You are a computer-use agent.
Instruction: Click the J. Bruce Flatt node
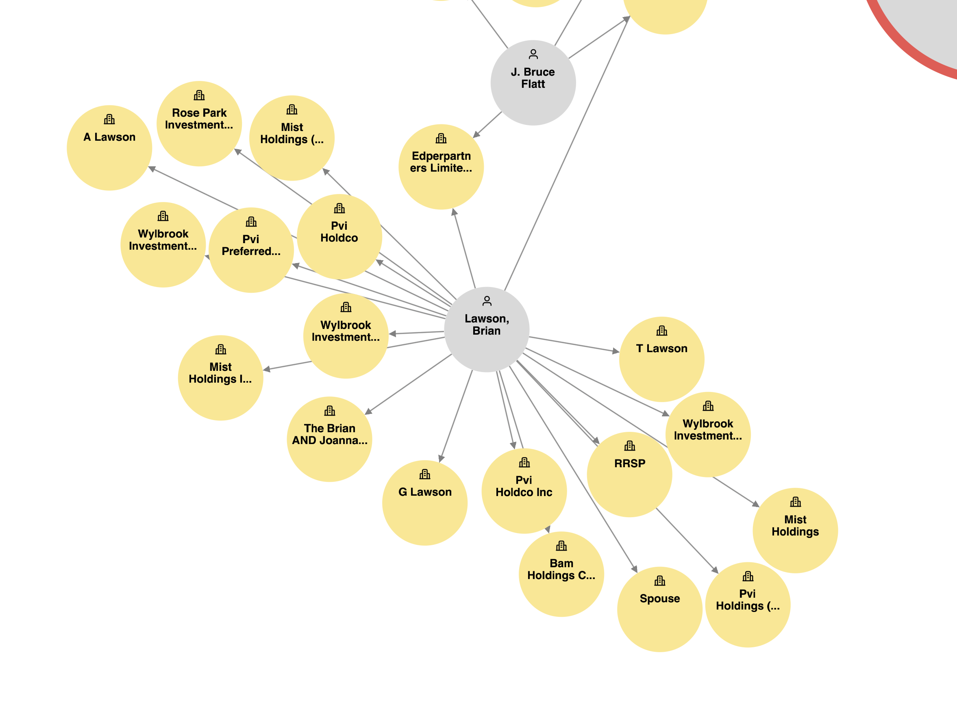[x=533, y=83]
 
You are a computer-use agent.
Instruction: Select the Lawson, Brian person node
[x=487, y=329]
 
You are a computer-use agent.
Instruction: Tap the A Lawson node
[x=109, y=148]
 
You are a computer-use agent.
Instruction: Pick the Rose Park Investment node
[x=199, y=124]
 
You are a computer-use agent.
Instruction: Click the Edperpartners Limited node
[x=441, y=167]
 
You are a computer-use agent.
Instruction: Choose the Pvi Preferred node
[x=251, y=250]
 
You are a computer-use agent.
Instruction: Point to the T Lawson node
[x=661, y=359]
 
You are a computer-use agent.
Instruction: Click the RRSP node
[x=629, y=475]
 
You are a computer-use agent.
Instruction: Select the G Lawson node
[x=425, y=503]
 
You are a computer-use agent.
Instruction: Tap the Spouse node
[x=659, y=610]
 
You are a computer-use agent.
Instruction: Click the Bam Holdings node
[x=561, y=574]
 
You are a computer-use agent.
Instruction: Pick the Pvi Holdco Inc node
[x=524, y=491]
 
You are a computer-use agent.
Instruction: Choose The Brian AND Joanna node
[x=329, y=439]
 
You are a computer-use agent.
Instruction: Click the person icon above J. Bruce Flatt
[x=533, y=54]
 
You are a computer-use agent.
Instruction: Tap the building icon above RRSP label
[x=629, y=446]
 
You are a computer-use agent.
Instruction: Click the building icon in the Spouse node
[x=660, y=581]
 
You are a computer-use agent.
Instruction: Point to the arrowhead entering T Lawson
[x=616, y=351]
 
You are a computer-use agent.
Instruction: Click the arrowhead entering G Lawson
[x=441, y=459]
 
